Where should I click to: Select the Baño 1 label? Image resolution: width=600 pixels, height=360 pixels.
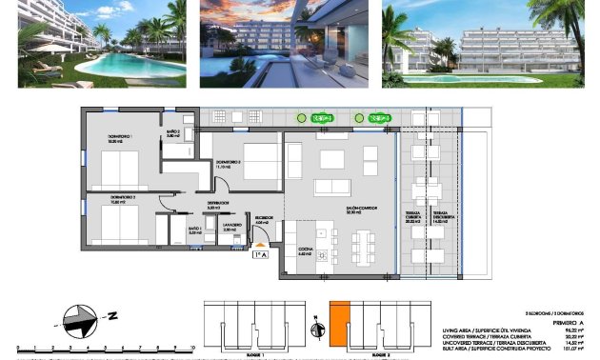coord(194,230)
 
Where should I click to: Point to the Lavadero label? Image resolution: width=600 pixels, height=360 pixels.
coord(229,229)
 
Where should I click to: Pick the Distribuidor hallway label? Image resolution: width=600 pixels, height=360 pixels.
coord(218,204)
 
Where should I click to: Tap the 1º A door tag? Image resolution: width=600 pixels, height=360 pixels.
coord(260,254)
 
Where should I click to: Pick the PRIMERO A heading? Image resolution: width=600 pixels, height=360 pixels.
coord(567,322)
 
